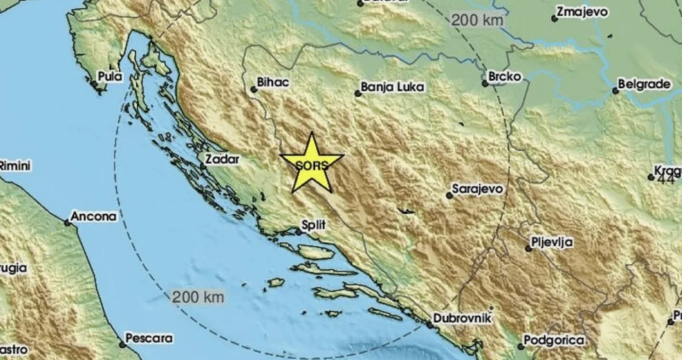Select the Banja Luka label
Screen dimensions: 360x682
[393, 87]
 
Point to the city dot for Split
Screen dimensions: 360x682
[298, 232]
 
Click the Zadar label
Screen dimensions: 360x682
[223, 160]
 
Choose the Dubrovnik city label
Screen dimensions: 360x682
[462, 318]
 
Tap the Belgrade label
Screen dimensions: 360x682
[644, 84]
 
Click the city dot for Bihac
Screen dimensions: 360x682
[253, 89]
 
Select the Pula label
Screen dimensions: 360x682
[109, 76]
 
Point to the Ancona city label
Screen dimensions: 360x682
[94, 216]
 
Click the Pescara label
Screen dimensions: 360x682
[149, 337]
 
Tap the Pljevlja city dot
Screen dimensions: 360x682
[528, 248]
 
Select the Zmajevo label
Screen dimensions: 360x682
[583, 12]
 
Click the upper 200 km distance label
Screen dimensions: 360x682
[478, 20]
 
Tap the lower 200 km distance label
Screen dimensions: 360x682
[198, 297]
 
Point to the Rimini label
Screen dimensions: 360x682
[15, 165]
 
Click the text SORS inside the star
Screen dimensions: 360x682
[311, 165]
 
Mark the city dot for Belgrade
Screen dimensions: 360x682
[615, 91]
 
